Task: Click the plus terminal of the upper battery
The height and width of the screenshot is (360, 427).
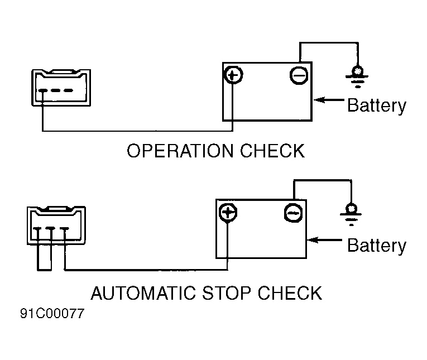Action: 233,75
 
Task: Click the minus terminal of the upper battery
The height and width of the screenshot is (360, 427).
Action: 299,75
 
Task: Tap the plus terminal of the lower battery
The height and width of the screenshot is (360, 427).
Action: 228,213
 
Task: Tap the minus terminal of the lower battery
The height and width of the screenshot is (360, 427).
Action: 293,213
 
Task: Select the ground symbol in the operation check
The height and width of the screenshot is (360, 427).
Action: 357,77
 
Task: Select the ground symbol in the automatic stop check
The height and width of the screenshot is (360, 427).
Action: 351,214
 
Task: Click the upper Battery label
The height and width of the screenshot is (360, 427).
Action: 377,105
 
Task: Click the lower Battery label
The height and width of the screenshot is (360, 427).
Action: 377,246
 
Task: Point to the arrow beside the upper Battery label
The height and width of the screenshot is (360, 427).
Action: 329,100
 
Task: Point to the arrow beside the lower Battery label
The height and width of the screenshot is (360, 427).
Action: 324,240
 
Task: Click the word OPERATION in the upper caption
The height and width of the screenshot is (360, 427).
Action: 180,151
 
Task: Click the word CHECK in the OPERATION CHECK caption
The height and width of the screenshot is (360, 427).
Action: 272,151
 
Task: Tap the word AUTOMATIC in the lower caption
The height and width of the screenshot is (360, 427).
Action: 143,293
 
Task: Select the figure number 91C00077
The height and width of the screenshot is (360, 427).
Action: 52,314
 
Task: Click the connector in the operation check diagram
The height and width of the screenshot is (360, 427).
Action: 61,88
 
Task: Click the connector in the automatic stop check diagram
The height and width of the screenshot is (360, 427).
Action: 56,225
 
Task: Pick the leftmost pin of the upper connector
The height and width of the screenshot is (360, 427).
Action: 42,90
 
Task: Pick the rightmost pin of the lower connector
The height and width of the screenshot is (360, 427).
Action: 65,229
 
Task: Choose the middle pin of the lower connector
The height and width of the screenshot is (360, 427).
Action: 51,229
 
